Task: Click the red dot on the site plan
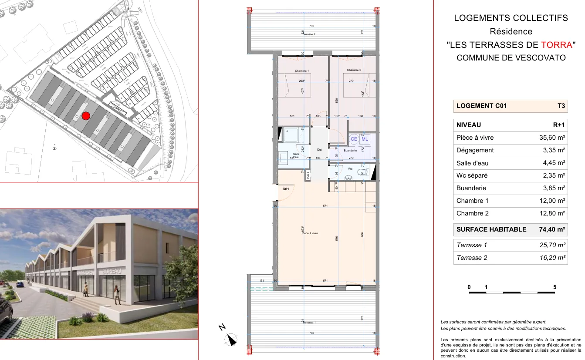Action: click(x=86, y=116)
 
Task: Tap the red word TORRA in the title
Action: click(x=556, y=44)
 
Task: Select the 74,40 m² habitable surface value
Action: click(x=552, y=229)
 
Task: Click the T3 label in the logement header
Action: click(x=561, y=106)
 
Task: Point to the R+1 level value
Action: click(x=559, y=125)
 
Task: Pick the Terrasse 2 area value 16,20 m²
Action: click(x=552, y=258)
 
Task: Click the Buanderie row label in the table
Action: click(x=471, y=188)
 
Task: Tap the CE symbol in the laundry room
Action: click(x=354, y=139)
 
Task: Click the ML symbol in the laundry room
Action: click(x=365, y=139)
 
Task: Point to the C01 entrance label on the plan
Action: click(x=286, y=189)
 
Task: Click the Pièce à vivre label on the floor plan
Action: click(x=310, y=233)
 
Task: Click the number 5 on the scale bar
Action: click(x=555, y=287)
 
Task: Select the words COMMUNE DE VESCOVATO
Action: click(x=511, y=57)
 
